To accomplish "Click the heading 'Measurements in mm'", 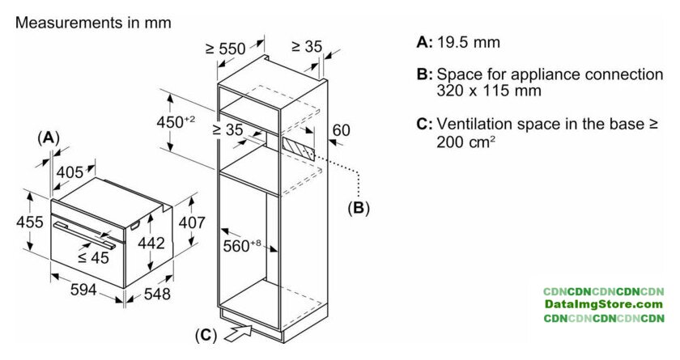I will coord(93,23).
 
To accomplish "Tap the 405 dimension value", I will coord(71,171).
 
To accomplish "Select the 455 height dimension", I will coord(15,222).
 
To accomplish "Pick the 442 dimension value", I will coord(151,243).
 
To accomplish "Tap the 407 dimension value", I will coord(191,222).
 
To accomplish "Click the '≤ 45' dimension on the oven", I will coord(94,258).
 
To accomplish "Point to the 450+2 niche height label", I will coord(176,121).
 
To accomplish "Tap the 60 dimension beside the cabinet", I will coord(341,130).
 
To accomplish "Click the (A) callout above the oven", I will coord(49,138).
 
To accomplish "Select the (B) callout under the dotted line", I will coord(358,208).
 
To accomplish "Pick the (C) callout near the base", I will coord(206,333).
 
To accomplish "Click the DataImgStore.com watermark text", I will coord(604,304).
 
